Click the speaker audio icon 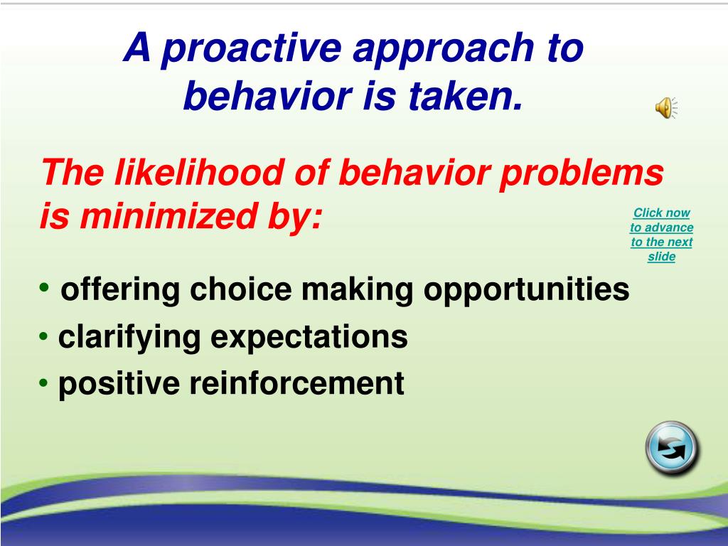(666, 108)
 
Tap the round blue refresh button (672, 448)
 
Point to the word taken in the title (465, 96)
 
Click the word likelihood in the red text (199, 172)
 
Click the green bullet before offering (44, 287)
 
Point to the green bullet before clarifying (43, 336)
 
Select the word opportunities (527, 290)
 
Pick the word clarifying (129, 338)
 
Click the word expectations (309, 338)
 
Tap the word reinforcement (296, 383)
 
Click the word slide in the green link (662, 256)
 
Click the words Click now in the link (662, 213)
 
